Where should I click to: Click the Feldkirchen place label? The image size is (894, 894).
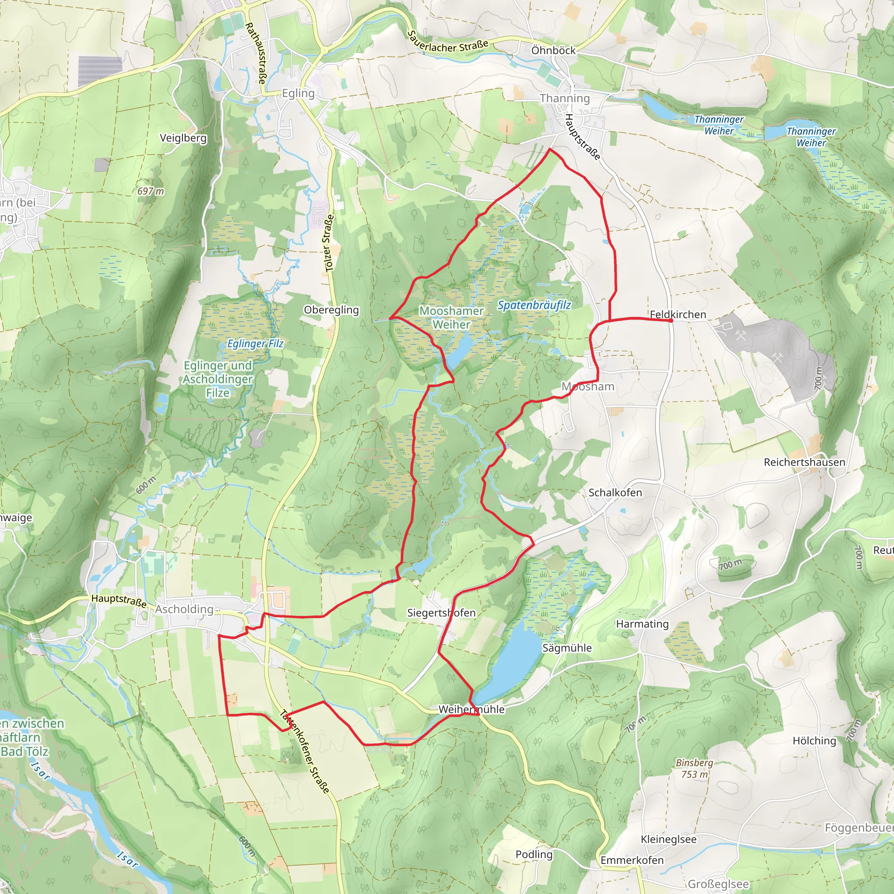[678, 315]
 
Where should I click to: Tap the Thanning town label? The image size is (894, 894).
[564, 98]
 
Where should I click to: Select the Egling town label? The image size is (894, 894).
[298, 93]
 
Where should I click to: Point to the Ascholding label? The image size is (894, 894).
[184, 609]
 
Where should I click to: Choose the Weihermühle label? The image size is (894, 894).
[471, 709]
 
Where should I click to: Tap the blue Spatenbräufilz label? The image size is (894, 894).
[534, 305]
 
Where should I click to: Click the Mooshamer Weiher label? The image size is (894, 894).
[451, 317]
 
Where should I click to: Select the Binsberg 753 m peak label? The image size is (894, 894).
[694, 768]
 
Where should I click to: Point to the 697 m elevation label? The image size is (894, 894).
[151, 191]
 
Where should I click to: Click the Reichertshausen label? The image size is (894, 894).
[804, 462]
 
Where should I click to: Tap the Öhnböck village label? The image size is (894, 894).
[553, 51]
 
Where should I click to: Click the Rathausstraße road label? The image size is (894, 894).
[255, 53]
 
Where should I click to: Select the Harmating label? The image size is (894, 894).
[642, 624]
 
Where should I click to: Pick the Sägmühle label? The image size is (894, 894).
[567, 648]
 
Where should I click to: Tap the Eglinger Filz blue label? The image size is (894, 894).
[255, 344]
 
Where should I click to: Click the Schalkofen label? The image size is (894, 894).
[615, 492]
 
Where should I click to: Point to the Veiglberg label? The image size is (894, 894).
[183, 138]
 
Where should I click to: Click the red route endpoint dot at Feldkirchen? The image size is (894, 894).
[670, 320]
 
